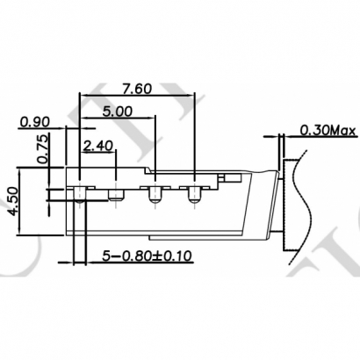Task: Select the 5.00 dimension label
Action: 117,112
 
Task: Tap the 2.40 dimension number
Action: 99,146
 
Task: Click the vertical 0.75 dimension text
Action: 41,152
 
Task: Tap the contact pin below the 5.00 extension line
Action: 155,194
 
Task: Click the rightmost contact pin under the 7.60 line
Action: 192,194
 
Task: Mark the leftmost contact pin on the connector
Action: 80,193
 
